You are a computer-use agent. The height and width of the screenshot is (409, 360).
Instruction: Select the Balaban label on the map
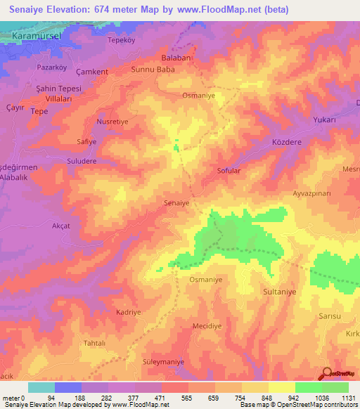click(176, 58)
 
